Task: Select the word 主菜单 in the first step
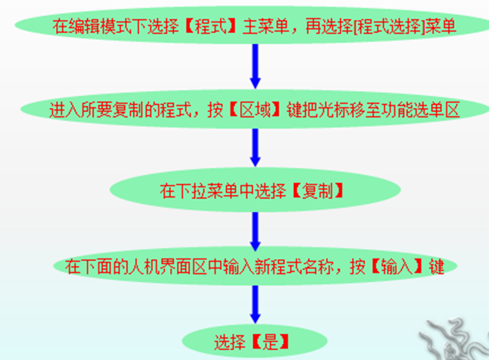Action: [262, 26]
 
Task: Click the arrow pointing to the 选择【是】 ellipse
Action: [255, 303]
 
